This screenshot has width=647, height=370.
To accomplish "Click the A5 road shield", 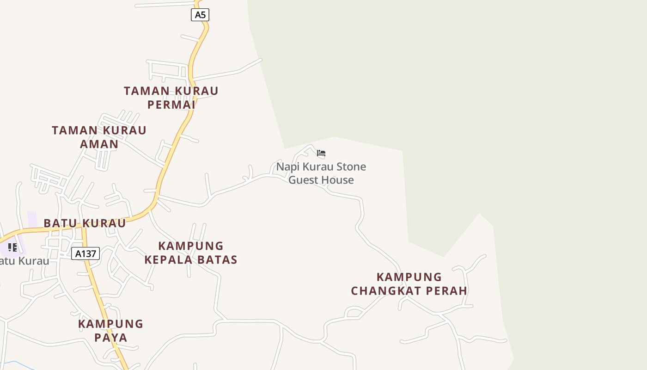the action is coord(200,15).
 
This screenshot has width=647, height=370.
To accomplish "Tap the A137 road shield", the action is coord(85,253).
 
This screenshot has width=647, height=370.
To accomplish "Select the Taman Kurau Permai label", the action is coord(171,97).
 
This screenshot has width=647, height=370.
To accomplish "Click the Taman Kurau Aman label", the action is coord(99,137).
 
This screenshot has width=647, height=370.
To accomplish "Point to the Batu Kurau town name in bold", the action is coord(85,223).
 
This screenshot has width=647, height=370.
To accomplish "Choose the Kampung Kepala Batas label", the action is coord(191,253).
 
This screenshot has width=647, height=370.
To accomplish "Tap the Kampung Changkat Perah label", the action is coord(409,284).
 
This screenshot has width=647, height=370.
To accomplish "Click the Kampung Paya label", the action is coord(110,330).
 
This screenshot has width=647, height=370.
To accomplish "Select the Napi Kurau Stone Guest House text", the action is coord(321,173).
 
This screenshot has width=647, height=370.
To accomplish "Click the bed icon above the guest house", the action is coord(321,153).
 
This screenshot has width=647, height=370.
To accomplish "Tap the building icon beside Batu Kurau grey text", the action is coord(12,247).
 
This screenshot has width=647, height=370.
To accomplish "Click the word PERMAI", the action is coord(171,104).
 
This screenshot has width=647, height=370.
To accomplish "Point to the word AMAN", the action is coord(99,144).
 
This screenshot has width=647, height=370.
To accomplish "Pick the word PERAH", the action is coord(446,290).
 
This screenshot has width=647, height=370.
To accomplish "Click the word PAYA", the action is coord(110,337).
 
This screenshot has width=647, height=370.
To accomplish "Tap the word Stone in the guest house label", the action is coord(351,166).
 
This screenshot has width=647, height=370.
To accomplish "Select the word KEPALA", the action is coord(166,259).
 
